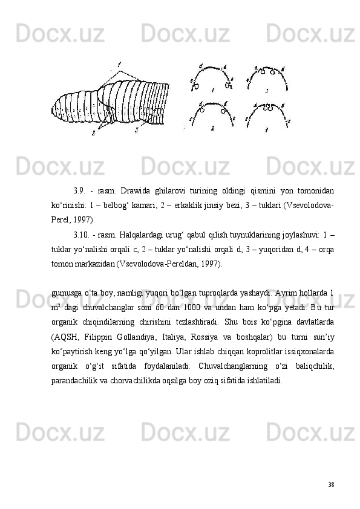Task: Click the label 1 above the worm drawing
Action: pos(119,63)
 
